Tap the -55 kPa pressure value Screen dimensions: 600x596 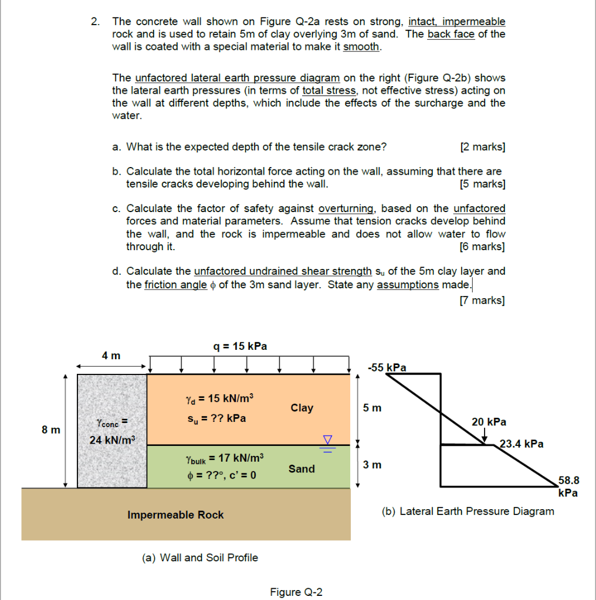click(x=387, y=367)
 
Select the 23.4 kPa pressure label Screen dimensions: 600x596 click(x=521, y=444)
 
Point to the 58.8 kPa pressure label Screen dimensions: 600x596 click(x=568, y=486)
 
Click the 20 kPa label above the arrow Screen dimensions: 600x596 click(x=489, y=422)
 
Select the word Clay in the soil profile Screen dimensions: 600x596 click(x=302, y=408)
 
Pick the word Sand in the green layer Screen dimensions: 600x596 click(x=302, y=469)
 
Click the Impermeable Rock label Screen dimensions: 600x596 click(x=175, y=514)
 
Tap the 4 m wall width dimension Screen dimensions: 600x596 click(x=111, y=356)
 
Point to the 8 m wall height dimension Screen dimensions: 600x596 click(x=51, y=429)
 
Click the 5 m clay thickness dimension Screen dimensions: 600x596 click(x=372, y=407)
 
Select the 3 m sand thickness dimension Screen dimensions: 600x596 click(x=372, y=465)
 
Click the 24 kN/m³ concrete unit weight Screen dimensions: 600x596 click(x=111, y=439)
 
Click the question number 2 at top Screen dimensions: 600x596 click(x=94, y=22)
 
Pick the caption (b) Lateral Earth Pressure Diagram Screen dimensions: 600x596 click(x=468, y=511)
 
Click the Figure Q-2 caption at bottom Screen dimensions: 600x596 click(x=296, y=592)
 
